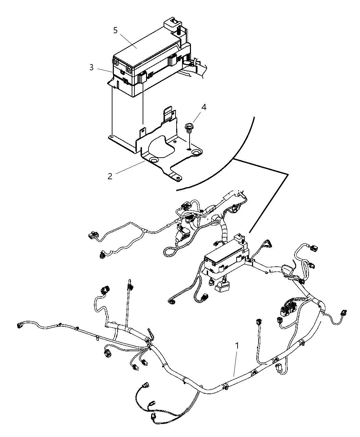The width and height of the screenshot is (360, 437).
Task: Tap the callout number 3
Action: coord(91,68)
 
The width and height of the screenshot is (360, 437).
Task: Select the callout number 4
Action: coord(204,107)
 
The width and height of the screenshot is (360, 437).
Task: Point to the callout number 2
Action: coord(110,176)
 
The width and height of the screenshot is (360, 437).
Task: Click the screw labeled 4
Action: coord(188,128)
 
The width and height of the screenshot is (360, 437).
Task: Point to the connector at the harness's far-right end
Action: coord(343,313)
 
